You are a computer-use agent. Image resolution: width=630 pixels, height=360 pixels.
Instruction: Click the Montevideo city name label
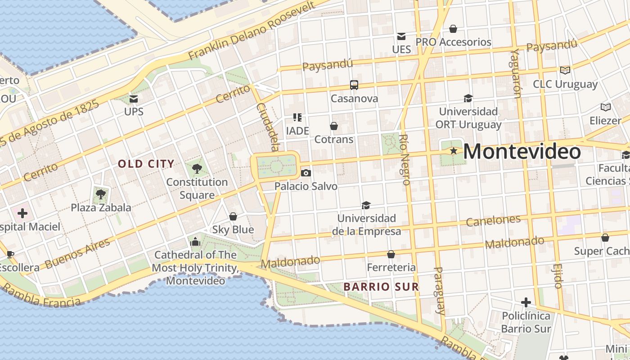522,152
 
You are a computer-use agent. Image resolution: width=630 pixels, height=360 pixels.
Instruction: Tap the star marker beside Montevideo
454,151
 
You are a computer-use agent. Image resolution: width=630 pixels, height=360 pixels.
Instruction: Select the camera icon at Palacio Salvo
306,173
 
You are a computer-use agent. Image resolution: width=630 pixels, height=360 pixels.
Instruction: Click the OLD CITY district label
146,164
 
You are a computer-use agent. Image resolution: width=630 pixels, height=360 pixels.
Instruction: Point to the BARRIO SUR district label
381,287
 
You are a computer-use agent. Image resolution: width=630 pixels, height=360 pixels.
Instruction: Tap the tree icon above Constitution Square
197,169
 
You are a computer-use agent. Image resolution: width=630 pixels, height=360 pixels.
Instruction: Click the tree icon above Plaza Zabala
101,194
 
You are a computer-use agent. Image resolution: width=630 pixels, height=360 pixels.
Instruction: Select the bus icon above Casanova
354,85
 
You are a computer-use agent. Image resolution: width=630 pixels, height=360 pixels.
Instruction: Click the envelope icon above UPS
133,99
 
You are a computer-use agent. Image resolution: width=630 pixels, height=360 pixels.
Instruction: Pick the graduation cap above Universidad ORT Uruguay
468,98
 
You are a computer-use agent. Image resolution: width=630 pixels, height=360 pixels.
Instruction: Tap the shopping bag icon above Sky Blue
233,216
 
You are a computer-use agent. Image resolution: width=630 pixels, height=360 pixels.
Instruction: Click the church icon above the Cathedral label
195,242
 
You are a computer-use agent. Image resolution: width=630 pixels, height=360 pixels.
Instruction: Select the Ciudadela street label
268,127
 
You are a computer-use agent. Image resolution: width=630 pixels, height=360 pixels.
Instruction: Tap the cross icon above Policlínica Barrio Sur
526,302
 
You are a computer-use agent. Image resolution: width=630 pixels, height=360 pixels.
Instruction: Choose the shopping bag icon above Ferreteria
391,254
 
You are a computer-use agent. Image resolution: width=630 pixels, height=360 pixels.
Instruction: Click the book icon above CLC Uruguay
565,70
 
